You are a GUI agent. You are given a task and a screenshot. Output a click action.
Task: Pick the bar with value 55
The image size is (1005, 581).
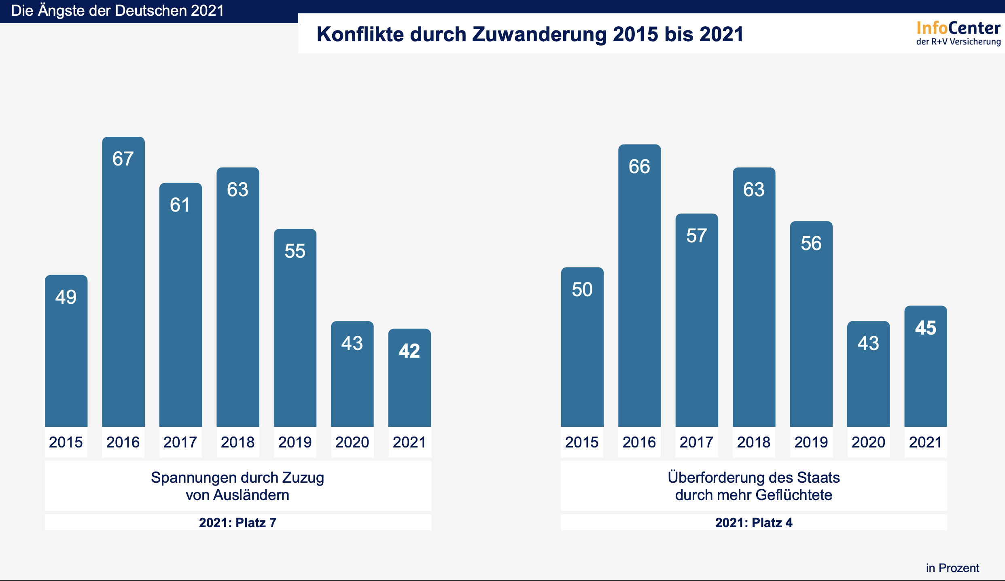tap(295, 328)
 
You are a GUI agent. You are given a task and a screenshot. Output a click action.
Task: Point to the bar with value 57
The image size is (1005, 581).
tap(697, 320)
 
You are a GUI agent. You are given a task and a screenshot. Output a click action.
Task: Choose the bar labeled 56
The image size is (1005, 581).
tap(811, 324)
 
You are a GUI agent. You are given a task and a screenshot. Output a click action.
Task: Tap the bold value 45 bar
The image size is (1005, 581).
tap(926, 366)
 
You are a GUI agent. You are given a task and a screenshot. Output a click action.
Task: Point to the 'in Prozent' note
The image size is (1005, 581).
tap(952, 568)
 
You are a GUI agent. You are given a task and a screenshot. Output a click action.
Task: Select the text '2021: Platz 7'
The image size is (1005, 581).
tap(237, 523)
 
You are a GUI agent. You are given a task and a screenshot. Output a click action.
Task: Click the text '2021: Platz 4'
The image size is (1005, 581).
tap(753, 523)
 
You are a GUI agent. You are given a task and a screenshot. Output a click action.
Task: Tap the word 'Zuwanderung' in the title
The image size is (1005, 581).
tap(539, 34)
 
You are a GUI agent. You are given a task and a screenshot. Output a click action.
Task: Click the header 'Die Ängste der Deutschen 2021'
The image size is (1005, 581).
tap(117, 11)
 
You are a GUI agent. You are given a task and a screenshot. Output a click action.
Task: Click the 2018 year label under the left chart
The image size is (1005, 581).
tap(237, 442)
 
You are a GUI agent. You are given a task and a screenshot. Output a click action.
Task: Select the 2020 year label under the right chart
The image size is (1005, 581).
tap(868, 442)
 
